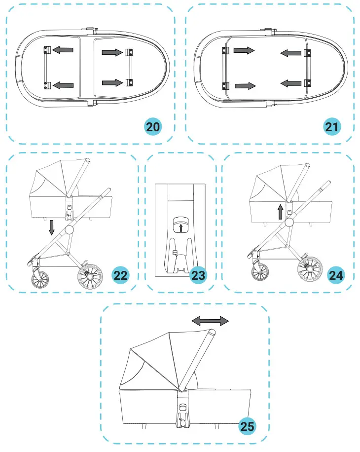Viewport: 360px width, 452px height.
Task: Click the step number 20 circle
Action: tap(153, 126)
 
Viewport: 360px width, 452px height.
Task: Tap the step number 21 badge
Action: tap(332, 126)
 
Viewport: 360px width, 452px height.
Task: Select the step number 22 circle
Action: tap(121, 275)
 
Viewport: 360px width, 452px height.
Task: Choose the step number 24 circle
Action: tap(336, 275)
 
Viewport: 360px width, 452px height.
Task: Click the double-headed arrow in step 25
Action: tap(210, 321)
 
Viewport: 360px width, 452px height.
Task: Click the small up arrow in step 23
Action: tap(181, 227)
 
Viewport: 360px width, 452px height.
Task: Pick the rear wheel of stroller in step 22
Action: tap(90, 277)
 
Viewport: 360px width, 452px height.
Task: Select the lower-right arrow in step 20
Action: tap(112, 82)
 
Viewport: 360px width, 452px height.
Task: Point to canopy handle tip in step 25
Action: tap(211, 334)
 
